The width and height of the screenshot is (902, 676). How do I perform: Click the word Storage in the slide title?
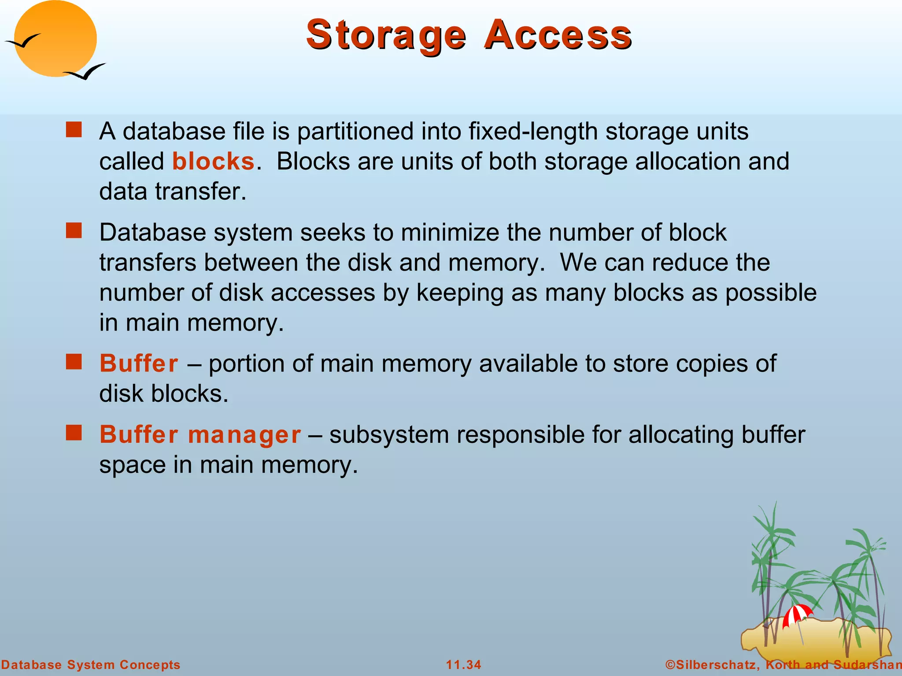pos(386,35)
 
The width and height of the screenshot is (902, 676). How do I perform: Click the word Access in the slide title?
pos(558,35)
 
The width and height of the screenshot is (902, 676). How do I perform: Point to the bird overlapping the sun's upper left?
pos(23,42)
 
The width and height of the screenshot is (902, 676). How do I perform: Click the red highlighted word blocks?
pos(213,162)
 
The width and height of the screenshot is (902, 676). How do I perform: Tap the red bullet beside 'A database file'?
pos(74,130)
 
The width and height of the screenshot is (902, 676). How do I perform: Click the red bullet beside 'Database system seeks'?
pos(74,231)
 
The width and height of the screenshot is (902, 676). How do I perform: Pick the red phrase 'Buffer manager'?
pos(200,435)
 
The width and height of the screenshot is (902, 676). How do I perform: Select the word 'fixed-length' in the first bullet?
pos(532,132)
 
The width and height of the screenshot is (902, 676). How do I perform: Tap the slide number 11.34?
pos(463,665)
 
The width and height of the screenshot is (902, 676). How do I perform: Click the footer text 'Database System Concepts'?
pos(91,665)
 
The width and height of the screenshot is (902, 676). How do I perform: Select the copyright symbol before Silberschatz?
pos(670,665)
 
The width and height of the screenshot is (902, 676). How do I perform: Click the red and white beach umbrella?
pos(797,614)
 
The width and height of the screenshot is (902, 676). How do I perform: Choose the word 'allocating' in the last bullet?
pos(681,435)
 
